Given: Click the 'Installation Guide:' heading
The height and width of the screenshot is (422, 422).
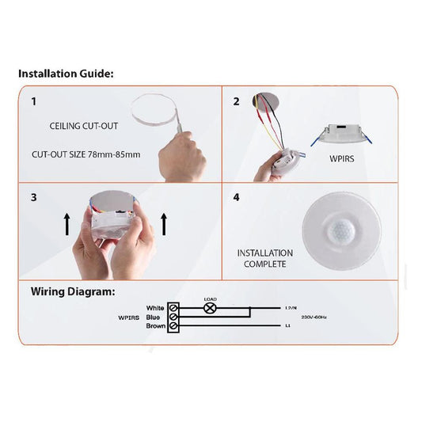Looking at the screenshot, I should (66, 74).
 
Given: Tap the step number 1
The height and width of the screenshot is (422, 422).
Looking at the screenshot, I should (33, 102).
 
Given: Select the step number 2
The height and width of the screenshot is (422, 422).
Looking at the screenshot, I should (236, 102).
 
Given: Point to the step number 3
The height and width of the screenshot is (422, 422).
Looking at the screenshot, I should (33, 197).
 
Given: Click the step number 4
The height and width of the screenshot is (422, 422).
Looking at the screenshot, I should (236, 197).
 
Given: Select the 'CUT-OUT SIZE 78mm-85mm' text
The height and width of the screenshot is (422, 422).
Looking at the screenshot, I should (86, 154).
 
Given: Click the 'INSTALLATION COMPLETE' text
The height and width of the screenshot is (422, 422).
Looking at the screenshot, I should (264, 258).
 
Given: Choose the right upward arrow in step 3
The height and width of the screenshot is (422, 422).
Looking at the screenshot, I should (163, 223).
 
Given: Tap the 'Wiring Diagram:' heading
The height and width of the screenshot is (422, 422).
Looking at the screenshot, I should (73, 291).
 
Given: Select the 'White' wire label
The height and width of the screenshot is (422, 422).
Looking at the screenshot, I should (155, 307).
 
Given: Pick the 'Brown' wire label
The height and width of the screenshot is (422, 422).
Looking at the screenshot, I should (154, 325).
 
